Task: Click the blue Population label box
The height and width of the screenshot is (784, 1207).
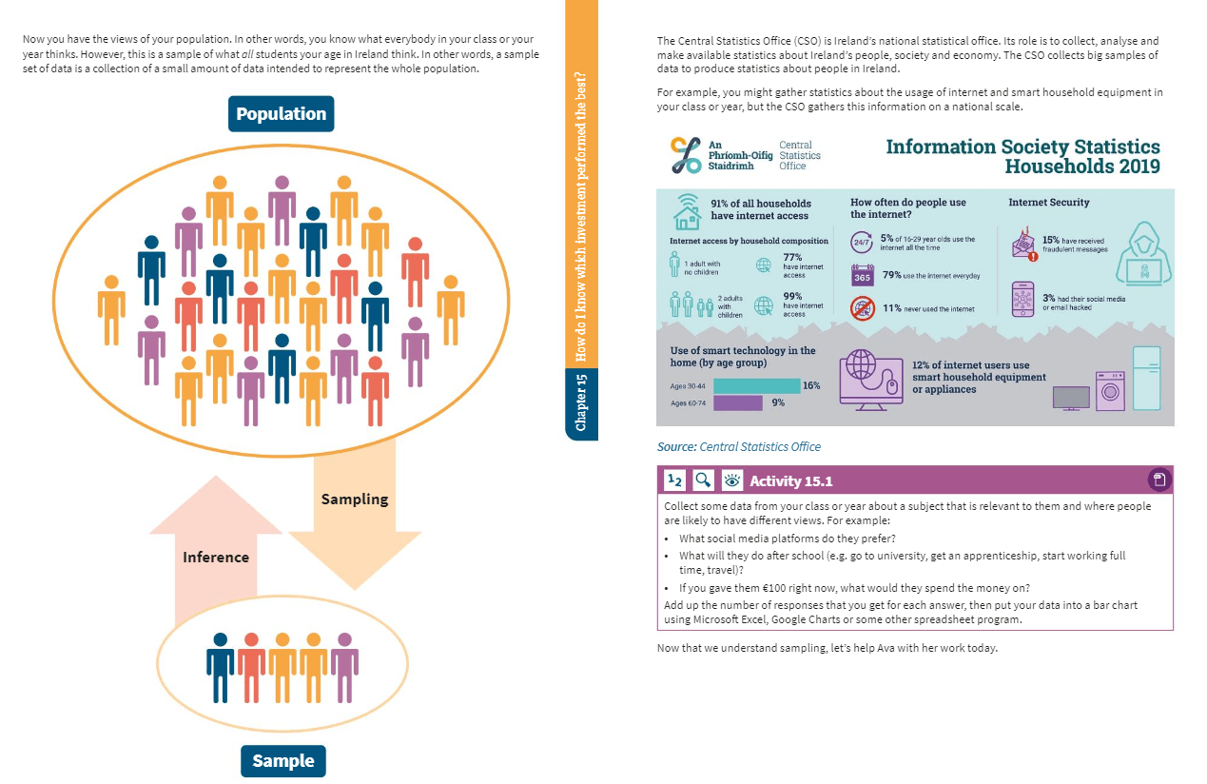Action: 281,114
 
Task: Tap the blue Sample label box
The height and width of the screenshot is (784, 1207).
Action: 282,761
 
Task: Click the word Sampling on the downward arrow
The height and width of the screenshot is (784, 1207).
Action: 355,500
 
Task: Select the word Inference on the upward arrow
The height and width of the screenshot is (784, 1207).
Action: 216,557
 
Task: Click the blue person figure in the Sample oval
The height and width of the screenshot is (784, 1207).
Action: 221,668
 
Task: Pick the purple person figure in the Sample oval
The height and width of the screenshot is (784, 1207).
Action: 344,668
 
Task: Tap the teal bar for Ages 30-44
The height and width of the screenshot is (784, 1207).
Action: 756,386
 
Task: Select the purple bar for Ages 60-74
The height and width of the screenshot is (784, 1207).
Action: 738,402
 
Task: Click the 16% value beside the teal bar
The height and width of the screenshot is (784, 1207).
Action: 811,385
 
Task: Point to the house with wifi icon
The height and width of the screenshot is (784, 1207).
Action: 688,212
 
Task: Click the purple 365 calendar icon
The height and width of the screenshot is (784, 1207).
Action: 862,276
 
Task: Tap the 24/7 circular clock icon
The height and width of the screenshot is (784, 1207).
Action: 862,242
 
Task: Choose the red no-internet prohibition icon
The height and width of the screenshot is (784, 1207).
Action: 862,309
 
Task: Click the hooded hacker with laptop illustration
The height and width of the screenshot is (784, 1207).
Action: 1143,253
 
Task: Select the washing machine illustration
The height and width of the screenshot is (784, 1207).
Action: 1110,391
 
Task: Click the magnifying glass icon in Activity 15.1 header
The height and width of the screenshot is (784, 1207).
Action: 703,480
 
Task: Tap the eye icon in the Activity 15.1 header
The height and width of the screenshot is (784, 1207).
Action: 731,480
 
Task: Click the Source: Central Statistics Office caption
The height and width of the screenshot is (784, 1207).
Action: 739,446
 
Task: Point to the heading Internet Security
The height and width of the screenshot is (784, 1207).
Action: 1048,203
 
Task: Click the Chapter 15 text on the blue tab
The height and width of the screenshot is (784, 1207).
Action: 581,402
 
